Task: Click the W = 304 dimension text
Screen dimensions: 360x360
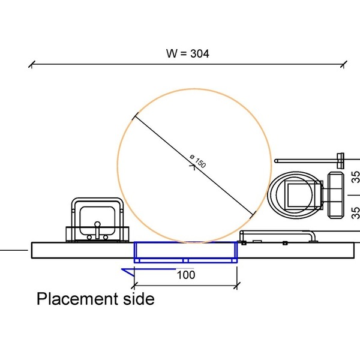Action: tap(187, 53)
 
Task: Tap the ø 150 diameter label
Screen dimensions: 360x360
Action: tap(198, 163)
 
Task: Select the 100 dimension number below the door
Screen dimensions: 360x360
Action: tap(187, 275)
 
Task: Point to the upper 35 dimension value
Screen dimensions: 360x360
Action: tap(355, 178)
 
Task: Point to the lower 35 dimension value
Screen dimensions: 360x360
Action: tap(355, 211)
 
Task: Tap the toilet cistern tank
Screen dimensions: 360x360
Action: tap(337, 195)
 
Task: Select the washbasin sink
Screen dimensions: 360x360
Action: tap(97, 220)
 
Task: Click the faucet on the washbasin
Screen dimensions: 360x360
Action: tap(97, 229)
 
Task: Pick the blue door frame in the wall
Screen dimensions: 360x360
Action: tap(185, 252)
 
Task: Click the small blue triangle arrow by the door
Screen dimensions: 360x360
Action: tap(127, 272)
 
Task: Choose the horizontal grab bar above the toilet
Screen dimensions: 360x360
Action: tap(306, 161)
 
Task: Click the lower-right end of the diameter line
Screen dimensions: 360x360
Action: tap(254, 212)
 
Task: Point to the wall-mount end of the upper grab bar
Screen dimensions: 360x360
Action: tap(340, 159)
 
